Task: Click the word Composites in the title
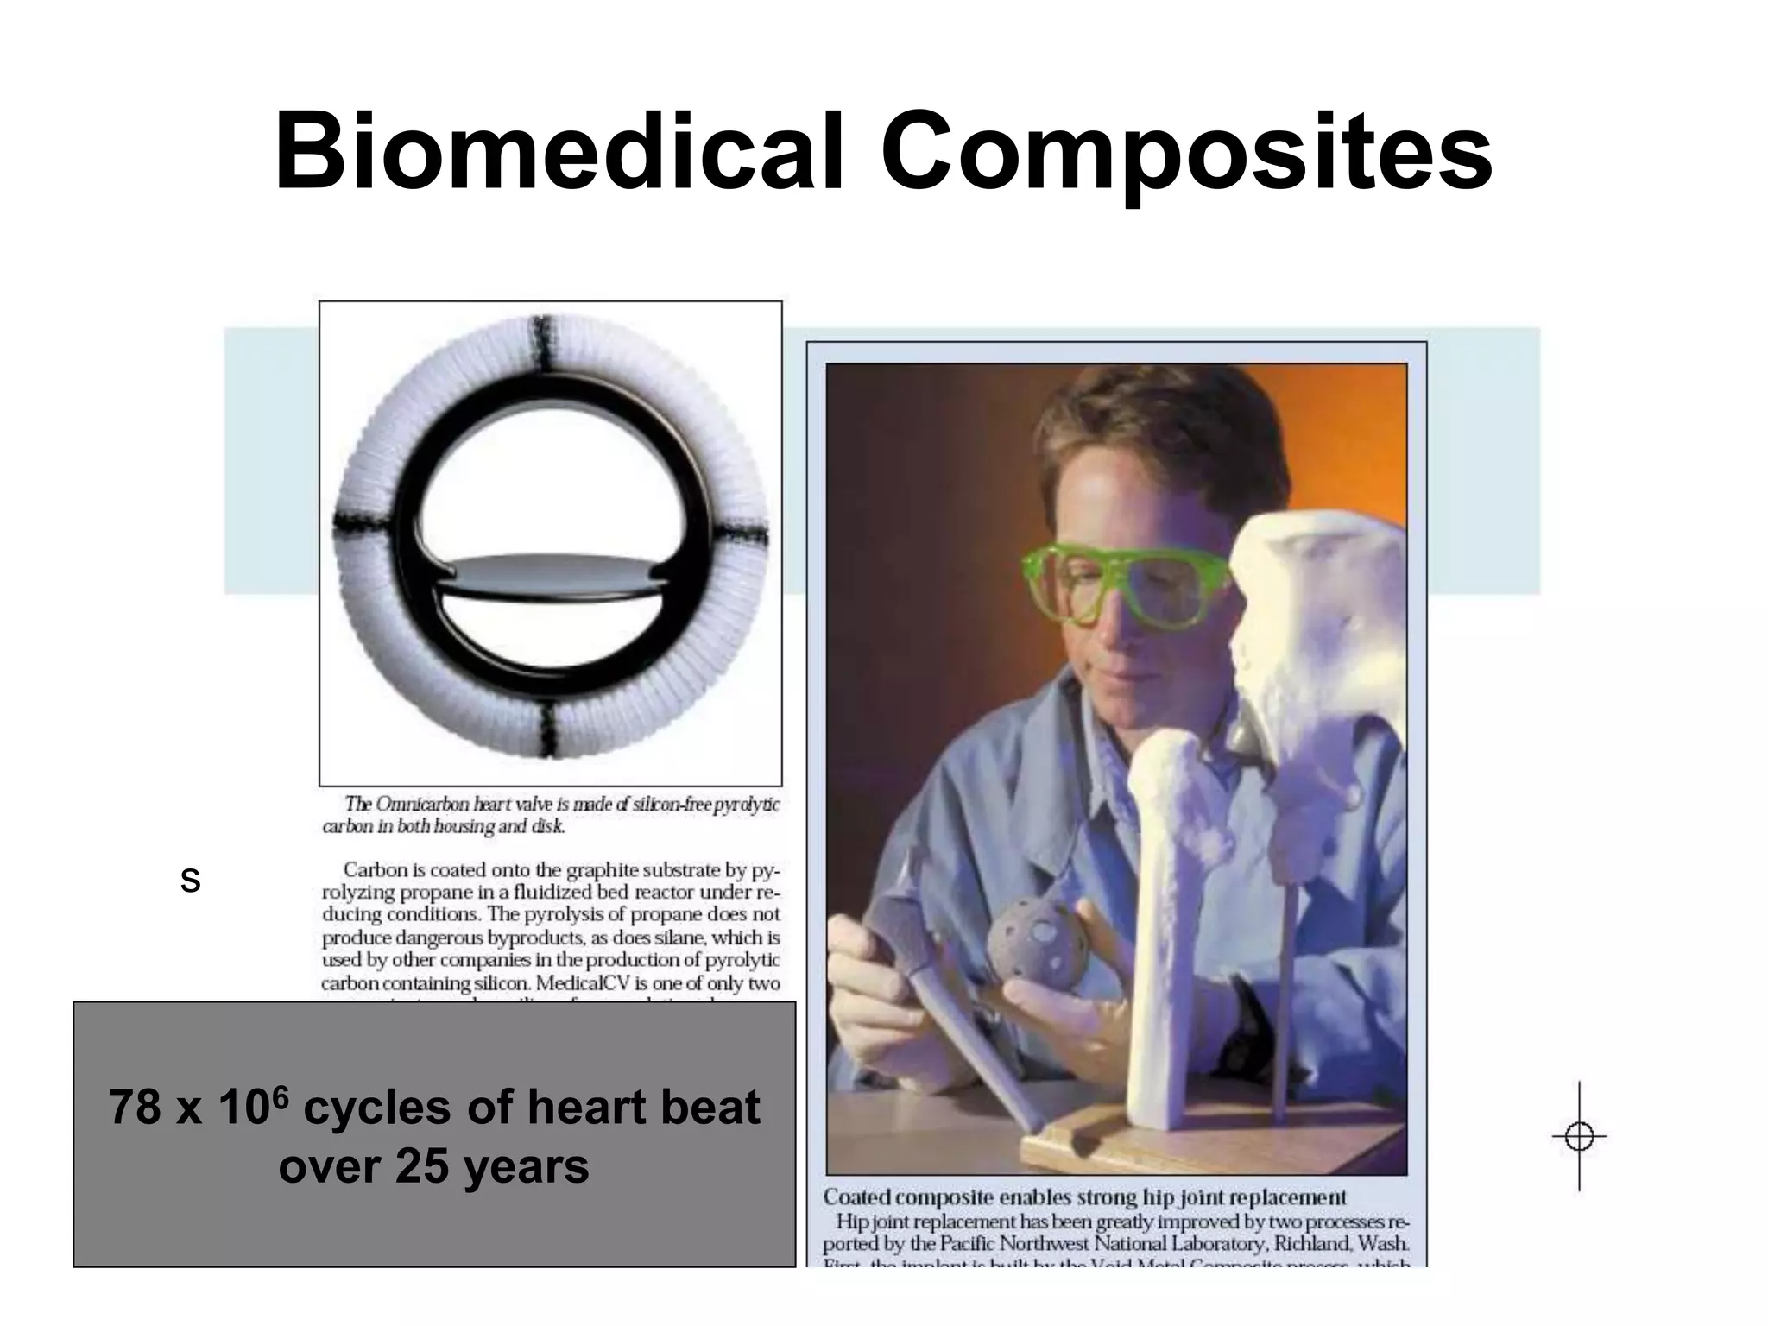(1186, 152)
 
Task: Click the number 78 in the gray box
(135, 1108)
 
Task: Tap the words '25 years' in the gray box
(491, 1166)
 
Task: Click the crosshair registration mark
(1579, 1137)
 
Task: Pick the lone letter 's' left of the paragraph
(190, 881)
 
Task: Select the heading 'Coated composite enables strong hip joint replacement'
(1084, 1197)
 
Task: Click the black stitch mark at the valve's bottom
(549, 725)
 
